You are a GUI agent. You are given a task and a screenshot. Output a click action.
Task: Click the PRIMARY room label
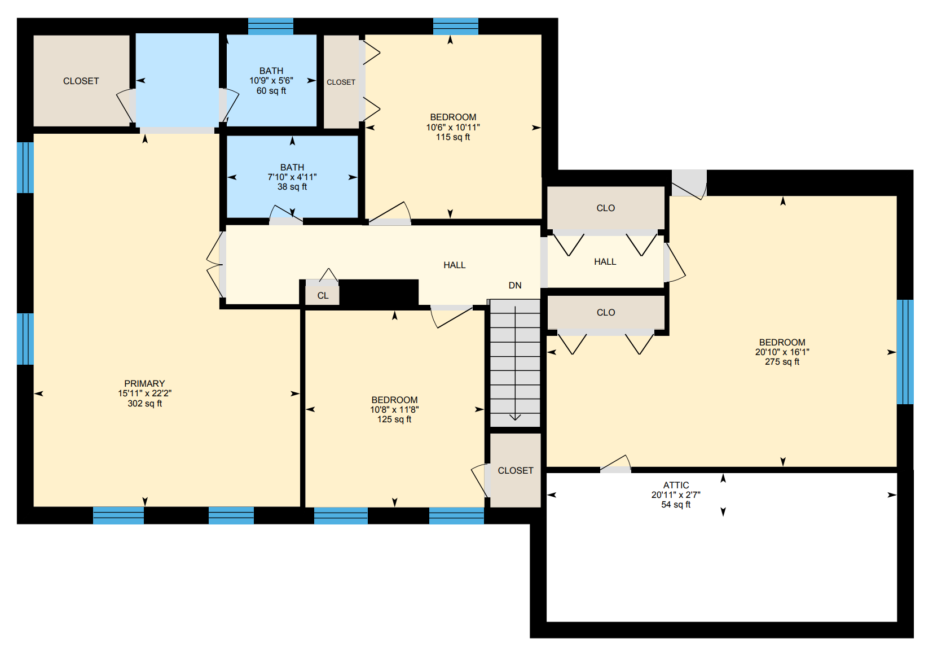coord(144,383)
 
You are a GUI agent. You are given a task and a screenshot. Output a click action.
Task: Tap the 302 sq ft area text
coord(144,404)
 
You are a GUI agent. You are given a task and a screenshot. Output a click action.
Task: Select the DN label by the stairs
coord(514,286)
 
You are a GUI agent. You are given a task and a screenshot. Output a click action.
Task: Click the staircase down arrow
coord(515,417)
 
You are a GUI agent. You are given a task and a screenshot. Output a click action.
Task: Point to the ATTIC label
coord(676,485)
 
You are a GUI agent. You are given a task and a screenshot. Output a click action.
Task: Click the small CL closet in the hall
coord(323,295)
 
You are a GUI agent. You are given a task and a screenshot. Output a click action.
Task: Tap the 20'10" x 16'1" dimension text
coord(782,352)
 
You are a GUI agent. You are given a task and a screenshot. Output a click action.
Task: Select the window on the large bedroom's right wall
coord(905,352)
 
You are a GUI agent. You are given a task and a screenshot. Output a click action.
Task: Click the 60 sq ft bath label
coord(271,91)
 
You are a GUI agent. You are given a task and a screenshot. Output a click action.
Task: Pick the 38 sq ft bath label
coord(292,187)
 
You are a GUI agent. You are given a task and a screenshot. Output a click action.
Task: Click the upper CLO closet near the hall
coord(605,208)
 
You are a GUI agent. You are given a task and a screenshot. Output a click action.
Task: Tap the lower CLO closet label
coord(605,312)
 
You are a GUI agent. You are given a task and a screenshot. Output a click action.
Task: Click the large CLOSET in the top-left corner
coord(81,81)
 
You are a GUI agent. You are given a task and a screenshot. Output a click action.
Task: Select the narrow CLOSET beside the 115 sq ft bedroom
coord(341,82)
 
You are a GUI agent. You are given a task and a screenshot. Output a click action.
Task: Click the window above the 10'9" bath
coord(271,26)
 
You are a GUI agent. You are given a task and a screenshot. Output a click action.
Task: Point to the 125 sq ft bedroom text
coord(394,419)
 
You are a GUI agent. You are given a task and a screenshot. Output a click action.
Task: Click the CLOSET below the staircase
coord(515,470)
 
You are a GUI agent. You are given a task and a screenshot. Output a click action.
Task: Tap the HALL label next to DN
coord(454,265)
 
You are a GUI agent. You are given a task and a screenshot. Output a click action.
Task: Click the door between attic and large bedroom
coord(615,466)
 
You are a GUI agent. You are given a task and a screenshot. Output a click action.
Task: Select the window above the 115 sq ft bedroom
coord(456,26)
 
